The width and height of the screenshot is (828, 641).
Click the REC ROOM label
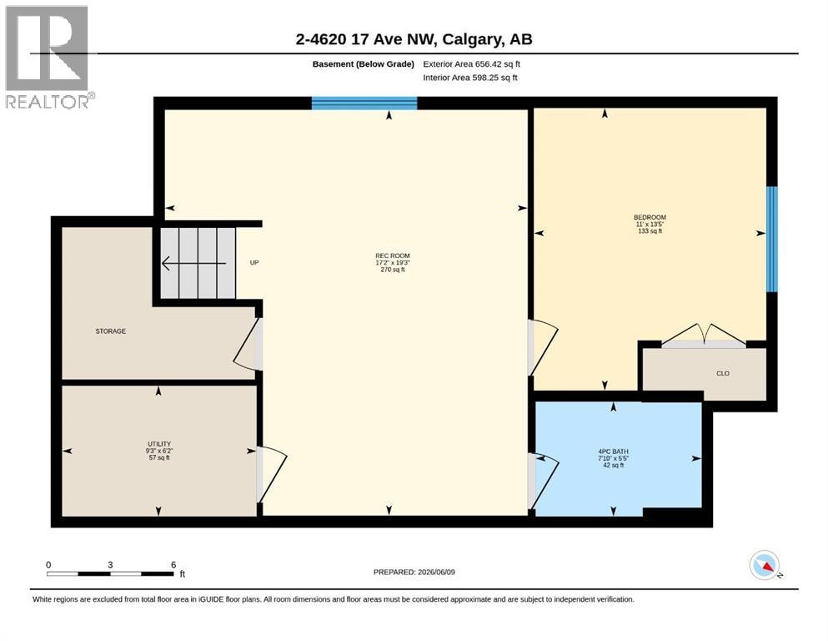393,255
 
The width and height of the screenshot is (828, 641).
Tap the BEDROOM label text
650,217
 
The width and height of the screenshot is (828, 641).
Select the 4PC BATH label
613,452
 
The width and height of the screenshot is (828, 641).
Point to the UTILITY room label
159,444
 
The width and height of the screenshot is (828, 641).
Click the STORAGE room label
110,331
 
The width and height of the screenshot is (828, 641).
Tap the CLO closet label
722,373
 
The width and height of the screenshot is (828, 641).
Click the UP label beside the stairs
254,263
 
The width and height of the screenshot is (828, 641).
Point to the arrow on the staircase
193,263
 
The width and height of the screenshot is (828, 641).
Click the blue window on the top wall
364,103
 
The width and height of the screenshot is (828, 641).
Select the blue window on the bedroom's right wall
771,239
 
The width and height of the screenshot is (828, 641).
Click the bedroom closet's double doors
704,336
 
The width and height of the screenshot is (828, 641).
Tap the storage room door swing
247,344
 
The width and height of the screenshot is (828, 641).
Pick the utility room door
272,474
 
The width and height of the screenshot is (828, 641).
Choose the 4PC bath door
544,482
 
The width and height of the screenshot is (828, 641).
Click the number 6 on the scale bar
173,564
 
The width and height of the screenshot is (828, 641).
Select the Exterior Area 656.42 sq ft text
472,64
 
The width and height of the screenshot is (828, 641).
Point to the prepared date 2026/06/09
436,572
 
